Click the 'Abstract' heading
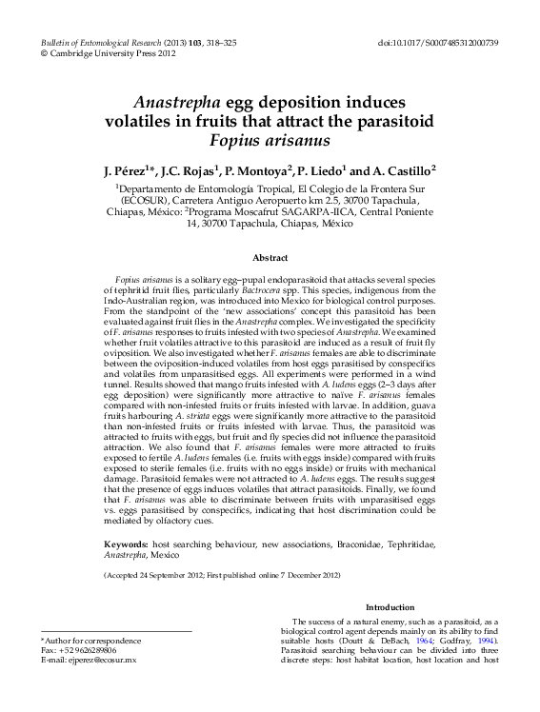click(270, 258)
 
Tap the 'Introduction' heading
click(390, 607)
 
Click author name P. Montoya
click(263, 170)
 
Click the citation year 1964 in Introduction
click(441, 640)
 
